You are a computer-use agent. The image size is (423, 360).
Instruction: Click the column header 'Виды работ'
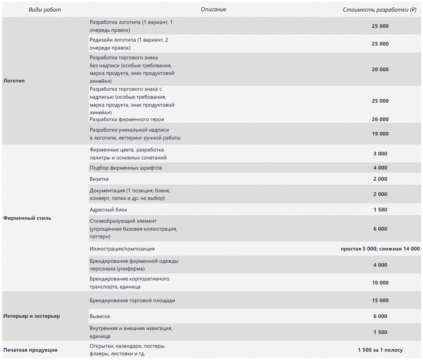click(x=45, y=10)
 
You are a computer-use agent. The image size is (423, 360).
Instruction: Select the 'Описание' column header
click(x=213, y=9)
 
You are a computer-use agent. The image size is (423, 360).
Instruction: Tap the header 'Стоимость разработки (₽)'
click(x=379, y=10)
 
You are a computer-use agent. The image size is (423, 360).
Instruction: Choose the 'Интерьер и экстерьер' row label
click(x=31, y=316)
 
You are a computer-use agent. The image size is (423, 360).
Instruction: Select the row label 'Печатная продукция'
click(x=30, y=350)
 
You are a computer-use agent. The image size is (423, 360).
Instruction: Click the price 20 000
click(x=380, y=69)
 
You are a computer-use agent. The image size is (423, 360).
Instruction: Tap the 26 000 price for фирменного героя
click(x=380, y=119)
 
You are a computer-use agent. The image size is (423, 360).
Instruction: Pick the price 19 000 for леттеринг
click(x=380, y=134)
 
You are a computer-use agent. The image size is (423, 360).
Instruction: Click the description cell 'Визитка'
click(x=99, y=179)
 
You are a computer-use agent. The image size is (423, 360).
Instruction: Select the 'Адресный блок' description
click(x=108, y=210)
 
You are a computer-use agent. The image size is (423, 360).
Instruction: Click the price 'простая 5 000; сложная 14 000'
click(x=380, y=249)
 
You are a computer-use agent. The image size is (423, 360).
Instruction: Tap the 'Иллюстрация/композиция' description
click(x=122, y=249)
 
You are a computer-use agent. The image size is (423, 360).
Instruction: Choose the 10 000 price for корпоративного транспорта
click(x=380, y=283)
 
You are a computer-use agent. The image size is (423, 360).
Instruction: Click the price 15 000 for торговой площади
click(x=380, y=300)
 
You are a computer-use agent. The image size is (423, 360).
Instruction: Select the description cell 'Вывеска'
click(x=100, y=316)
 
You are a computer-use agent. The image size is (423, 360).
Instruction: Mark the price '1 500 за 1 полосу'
click(x=380, y=350)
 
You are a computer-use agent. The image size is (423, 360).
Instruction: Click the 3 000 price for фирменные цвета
click(x=380, y=154)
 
